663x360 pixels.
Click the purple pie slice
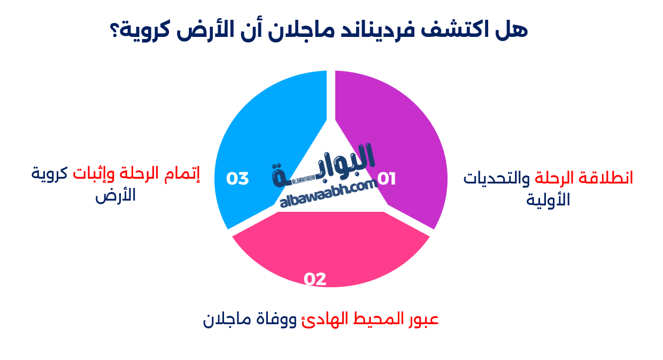click(x=401, y=134)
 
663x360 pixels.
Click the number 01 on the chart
click(x=387, y=179)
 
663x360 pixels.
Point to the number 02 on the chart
click(x=315, y=279)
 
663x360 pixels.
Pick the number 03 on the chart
click(x=237, y=179)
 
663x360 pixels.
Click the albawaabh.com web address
click(x=328, y=193)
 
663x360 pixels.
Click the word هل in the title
click(x=515, y=30)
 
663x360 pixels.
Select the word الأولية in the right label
click(x=549, y=200)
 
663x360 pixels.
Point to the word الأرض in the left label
click(x=115, y=195)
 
